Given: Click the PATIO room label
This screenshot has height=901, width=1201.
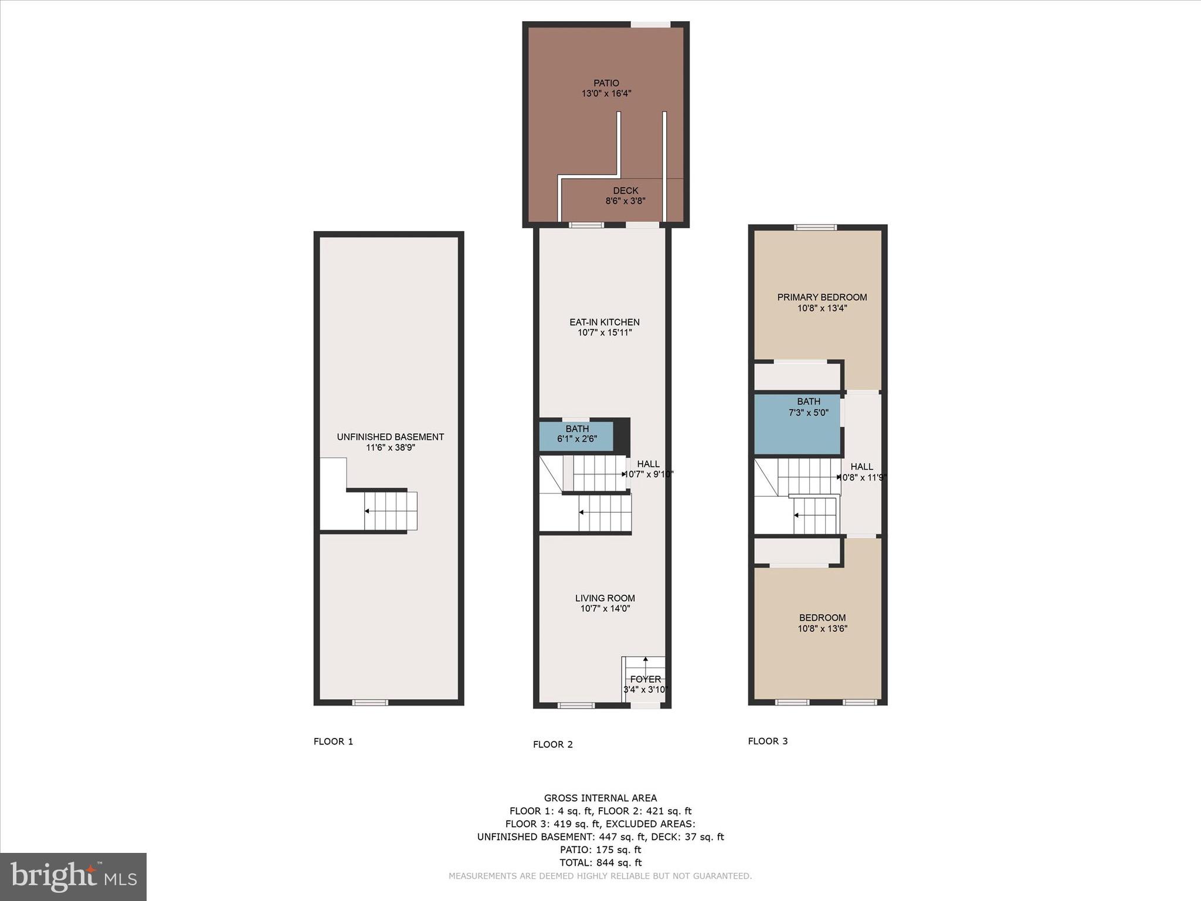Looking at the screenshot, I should click(x=606, y=83).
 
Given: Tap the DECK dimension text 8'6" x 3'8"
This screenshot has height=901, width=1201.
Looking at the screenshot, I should click(x=625, y=201).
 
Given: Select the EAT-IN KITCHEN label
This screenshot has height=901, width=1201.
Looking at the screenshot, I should click(x=604, y=322).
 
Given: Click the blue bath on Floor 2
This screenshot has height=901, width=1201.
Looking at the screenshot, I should click(x=576, y=435).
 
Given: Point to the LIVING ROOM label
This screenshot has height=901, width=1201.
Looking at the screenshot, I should click(x=605, y=598).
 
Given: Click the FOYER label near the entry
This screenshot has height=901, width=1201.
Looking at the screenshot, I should click(x=645, y=679).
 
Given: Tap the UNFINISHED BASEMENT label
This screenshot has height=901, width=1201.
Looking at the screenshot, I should click(x=390, y=437).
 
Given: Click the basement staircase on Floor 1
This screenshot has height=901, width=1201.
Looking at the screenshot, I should click(x=391, y=511).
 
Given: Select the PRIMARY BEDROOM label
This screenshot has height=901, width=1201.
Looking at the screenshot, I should click(x=822, y=297).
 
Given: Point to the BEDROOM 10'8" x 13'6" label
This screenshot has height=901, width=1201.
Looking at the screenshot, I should click(x=822, y=623).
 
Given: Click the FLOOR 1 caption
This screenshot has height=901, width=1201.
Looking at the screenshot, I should click(x=333, y=741).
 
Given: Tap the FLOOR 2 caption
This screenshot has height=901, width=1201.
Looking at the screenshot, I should click(x=552, y=744).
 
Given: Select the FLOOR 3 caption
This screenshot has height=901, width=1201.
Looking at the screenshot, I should click(x=768, y=741).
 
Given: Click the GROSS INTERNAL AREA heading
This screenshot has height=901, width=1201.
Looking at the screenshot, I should click(x=600, y=798).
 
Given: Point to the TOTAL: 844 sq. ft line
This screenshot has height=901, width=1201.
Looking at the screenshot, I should click(x=600, y=862).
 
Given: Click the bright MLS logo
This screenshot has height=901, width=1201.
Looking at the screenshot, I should click(x=73, y=876).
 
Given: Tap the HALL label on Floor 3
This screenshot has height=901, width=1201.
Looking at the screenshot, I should click(x=861, y=467).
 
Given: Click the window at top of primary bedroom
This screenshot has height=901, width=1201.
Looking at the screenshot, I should click(x=815, y=228).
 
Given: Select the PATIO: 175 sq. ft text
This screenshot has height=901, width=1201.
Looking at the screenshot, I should click(x=600, y=849).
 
